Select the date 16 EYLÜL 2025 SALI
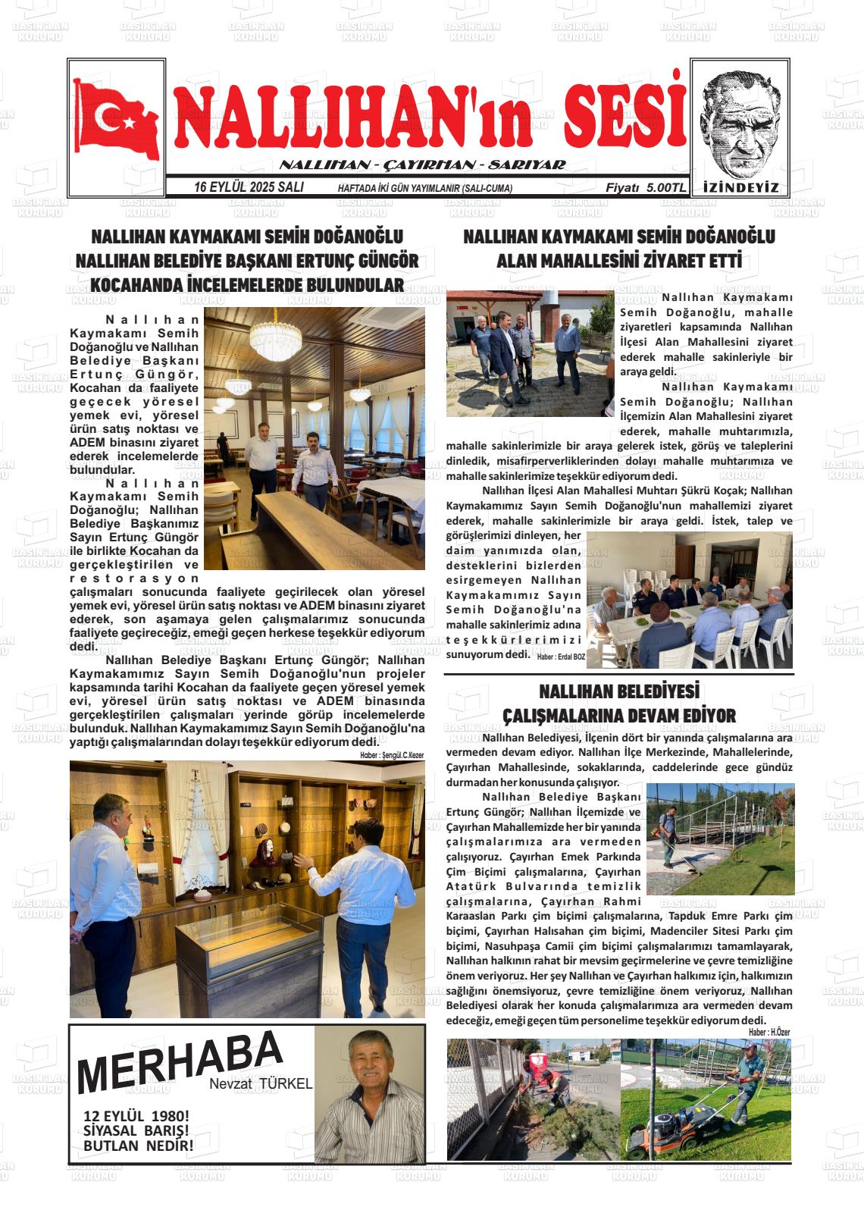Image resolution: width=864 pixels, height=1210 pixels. click(249, 187)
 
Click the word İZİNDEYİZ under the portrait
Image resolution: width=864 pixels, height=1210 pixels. click(740, 188)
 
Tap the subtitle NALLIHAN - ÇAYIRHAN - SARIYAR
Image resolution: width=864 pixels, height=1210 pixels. click(422, 165)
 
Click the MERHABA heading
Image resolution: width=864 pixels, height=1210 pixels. click(180, 1060)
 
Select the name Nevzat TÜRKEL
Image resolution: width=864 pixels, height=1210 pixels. click(261, 1084)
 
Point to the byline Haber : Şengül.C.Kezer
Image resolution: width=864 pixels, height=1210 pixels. click(392, 755)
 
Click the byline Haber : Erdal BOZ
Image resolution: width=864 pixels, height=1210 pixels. click(561, 657)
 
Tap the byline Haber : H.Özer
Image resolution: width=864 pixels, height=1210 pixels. click(769, 1032)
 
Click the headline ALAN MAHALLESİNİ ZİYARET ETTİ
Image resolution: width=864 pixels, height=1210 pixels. click(618, 262)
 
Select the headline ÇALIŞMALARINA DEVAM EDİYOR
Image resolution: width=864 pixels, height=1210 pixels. click(619, 715)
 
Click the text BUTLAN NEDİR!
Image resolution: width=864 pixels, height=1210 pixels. click(138, 1146)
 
